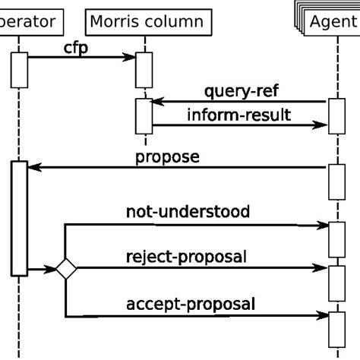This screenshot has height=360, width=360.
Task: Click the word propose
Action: (167, 158)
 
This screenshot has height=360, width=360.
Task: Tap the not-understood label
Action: (187, 212)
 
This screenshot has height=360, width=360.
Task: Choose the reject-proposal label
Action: (185, 257)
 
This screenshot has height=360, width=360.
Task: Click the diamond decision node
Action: (65, 268)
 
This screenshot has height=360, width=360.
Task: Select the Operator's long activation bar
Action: (19, 217)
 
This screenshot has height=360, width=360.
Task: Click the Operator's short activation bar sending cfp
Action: (19, 70)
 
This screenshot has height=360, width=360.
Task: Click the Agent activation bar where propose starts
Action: (336, 181)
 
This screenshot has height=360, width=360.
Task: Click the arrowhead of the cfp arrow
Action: (130, 55)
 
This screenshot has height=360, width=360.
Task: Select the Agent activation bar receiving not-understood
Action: (336, 238)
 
